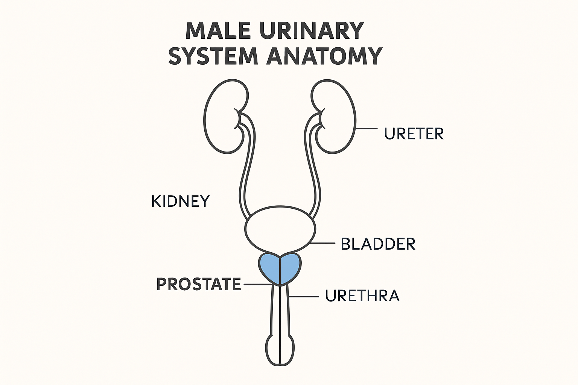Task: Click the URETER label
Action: point(414,134)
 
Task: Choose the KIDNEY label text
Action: point(180,202)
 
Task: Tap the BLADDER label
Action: point(378,244)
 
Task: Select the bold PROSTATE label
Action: point(198,284)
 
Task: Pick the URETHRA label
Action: point(362,296)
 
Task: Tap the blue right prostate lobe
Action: point(291,268)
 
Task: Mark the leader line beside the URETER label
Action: point(366,129)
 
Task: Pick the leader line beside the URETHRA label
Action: point(304,296)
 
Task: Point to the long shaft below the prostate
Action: point(280,308)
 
